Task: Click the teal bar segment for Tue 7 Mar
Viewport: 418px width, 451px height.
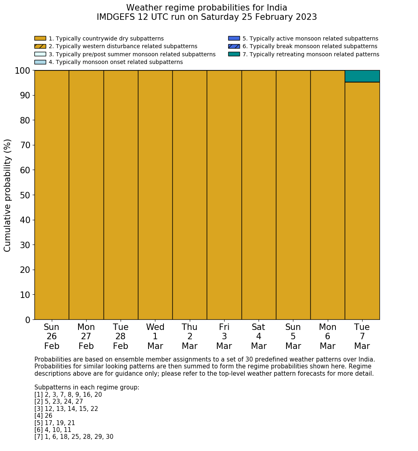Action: coord(362,76)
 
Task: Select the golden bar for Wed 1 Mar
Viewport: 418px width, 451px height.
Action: coord(155,195)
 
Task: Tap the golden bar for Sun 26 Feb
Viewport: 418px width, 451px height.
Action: coord(51,195)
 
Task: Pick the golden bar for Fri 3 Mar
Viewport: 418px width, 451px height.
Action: coord(224,195)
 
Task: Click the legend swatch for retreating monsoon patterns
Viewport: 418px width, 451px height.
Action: coord(234,54)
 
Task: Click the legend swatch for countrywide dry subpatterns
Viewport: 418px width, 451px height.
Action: coord(40,38)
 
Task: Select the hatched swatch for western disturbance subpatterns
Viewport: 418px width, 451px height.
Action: coord(40,47)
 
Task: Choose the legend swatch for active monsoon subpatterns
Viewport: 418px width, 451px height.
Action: coord(234,38)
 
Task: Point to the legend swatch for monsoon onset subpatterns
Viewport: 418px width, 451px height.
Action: coord(40,62)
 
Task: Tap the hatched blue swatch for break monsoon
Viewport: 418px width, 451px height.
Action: coord(234,47)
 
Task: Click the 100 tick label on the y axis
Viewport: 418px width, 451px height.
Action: coord(23,71)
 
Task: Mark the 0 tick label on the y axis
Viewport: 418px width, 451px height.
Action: coord(28,320)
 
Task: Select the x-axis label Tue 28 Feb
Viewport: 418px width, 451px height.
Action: coord(121,336)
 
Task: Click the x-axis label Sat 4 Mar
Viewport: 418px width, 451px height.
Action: coord(259,336)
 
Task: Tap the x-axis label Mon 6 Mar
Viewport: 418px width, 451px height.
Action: coord(327,336)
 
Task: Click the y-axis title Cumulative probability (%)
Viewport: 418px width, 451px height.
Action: coord(8,195)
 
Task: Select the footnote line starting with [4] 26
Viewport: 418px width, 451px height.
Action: coord(43,416)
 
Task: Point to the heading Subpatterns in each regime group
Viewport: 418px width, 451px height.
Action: coord(87,387)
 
